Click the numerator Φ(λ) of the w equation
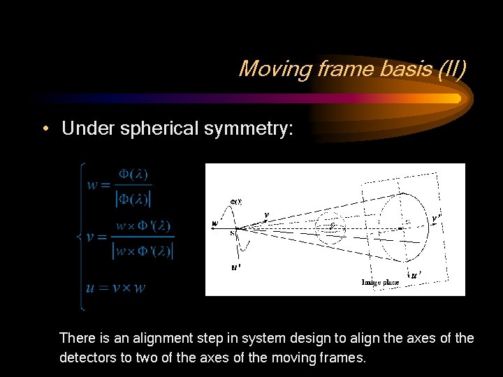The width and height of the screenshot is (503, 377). pos(133,174)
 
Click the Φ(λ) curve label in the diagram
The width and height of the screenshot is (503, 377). pos(236,201)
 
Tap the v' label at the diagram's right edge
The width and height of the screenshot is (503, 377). pos(437,219)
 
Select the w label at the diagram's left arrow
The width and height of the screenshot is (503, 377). pos(214,223)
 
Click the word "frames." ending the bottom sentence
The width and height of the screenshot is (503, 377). pos(342,359)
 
